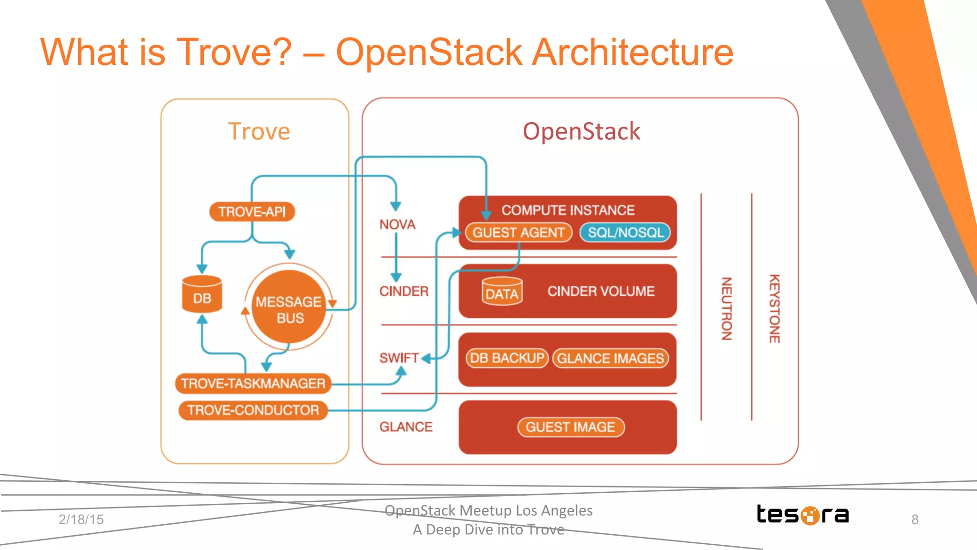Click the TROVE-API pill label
coord(252,211)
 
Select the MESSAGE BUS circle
coord(289,308)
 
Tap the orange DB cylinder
coord(202,295)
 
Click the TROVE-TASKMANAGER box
coord(253,384)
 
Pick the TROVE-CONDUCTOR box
coord(253,410)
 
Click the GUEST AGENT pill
coord(519,232)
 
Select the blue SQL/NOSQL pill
coord(625,232)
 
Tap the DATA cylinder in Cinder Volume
coord(502,291)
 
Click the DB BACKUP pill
coord(507,358)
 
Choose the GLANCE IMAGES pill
coord(611,358)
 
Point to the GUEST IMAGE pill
coord(571,427)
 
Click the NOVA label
coord(397,224)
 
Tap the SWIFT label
coord(399,358)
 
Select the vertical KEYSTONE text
coord(774,308)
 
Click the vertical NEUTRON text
coord(726,308)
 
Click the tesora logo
coord(803,515)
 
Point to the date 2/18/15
coord(81,519)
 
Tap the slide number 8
coord(915,519)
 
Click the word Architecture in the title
coord(632,52)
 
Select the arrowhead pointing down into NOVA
coord(395,206)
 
